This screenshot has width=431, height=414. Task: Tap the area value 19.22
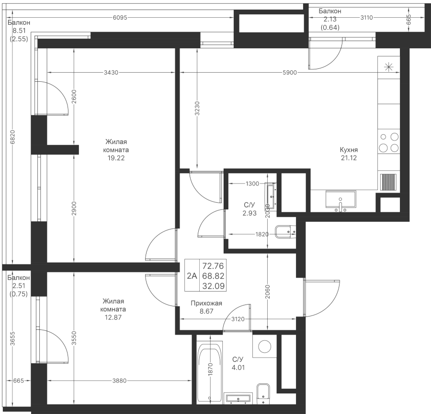(116, 158)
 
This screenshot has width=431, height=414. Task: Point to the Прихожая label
(206, 303)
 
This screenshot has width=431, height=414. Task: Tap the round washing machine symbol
(262, 345)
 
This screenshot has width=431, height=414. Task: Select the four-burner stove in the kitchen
(388, 142)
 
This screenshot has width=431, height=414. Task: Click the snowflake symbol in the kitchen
(388, 66)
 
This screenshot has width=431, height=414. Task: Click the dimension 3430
(111, 73)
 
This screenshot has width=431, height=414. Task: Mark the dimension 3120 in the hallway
(238, 319)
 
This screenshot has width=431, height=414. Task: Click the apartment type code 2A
(192, 275)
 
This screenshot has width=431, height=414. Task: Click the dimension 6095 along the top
(120, 18)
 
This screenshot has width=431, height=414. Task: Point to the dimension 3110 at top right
(366, 18)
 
